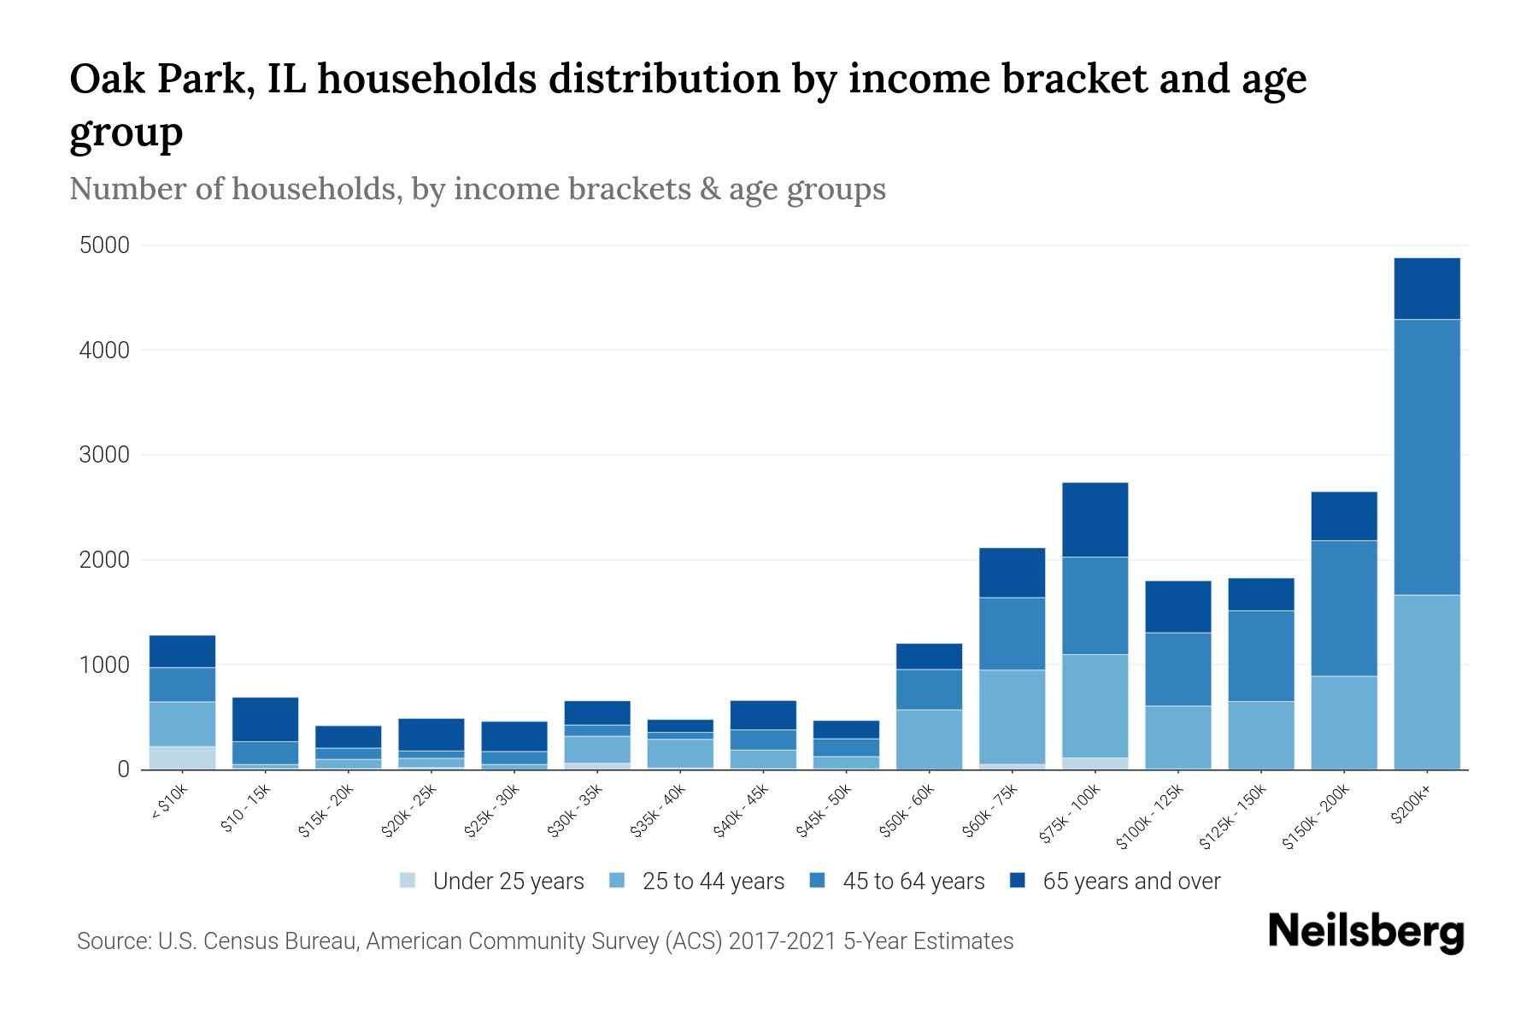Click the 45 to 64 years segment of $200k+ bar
(1427, 457)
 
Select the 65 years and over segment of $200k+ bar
(1427, 288)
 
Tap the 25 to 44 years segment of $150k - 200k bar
(1344, 722)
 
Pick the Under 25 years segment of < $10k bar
(182, 758)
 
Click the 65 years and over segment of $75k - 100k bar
(1095, 520)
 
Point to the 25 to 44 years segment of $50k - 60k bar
(929, 739)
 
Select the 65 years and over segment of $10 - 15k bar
(265, 719)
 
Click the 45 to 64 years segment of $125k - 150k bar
(1261, 656)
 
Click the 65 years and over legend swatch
(1018, 881)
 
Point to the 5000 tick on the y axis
(104, 246)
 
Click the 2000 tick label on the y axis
(104, 560)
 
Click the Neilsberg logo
(1365, 932)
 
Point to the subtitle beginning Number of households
(477, 189)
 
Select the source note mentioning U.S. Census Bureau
(544, 941)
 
